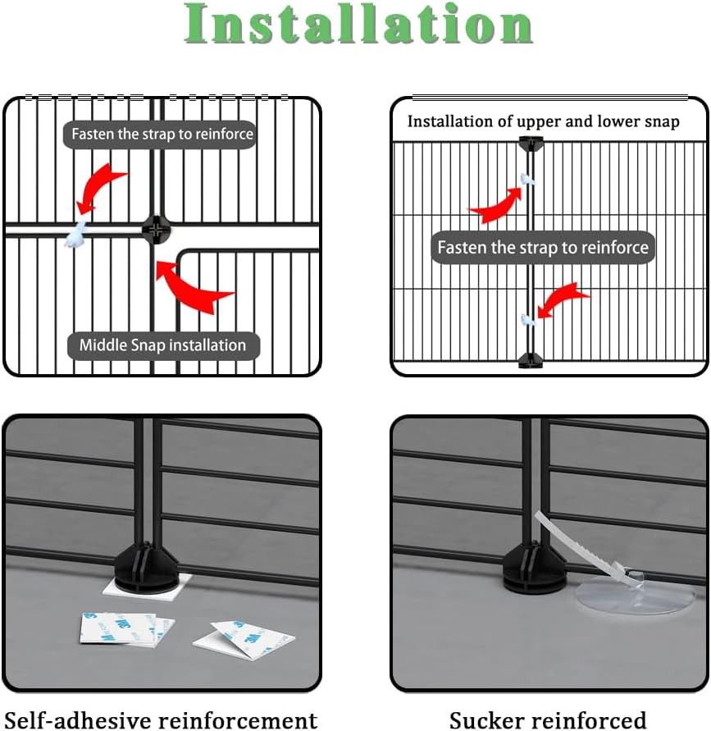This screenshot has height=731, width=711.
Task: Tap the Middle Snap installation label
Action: pyautogui.click(x=162, y=345)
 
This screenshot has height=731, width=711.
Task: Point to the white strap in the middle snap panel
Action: pyautogui.click(x=79, y=233)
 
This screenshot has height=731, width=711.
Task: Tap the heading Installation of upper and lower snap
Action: pyautogui.click(x=543, y=121)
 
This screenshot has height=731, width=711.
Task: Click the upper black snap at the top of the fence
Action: pyautogui.click(x=531, y=144)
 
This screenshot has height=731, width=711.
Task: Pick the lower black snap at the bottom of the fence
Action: pyautogui.click(x=531, y=359)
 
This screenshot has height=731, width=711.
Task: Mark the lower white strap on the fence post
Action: pyautogui.click(x=527, y=318)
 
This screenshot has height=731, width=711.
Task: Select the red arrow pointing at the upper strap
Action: pyautogui.click(x=497, y=206)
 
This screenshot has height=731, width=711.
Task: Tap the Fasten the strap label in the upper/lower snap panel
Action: pyautogui.click(x=543, y=247)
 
